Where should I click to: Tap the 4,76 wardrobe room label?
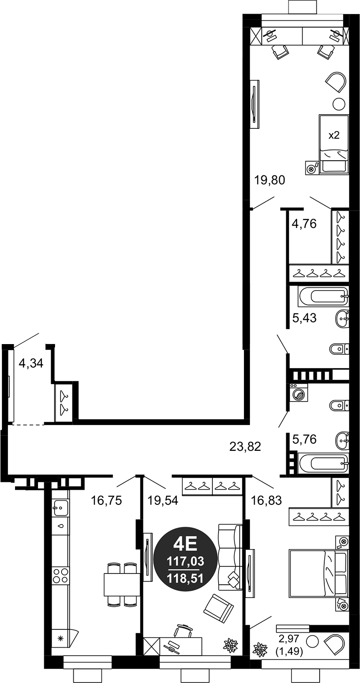304,223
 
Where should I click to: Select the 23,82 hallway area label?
245,446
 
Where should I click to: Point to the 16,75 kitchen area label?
106,501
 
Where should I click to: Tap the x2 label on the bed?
334,135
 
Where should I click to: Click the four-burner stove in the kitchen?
61,574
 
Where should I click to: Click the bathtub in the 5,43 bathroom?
323,297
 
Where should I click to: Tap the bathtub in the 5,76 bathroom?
323,463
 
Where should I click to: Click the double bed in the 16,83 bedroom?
318,573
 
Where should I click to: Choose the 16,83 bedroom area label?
267,501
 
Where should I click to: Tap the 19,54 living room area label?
163,501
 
